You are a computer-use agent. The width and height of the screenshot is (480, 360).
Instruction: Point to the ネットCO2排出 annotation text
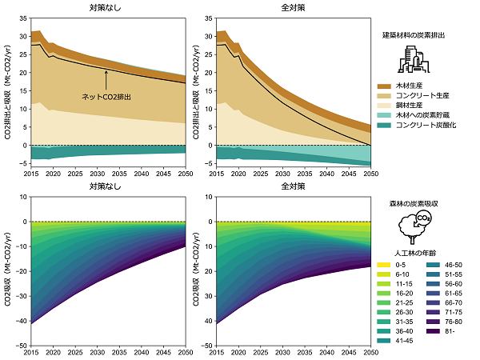[106, 97]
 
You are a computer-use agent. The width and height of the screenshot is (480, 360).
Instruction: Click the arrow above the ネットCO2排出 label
[106, 79]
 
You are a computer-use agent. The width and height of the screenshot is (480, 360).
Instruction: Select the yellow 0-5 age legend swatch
[384, 263]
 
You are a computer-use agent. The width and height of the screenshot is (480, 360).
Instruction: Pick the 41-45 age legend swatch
[384, 340]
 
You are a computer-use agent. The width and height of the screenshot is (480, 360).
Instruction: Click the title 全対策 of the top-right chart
[294, 7]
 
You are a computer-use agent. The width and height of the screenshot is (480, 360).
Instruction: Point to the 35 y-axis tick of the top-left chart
[22, 17]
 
